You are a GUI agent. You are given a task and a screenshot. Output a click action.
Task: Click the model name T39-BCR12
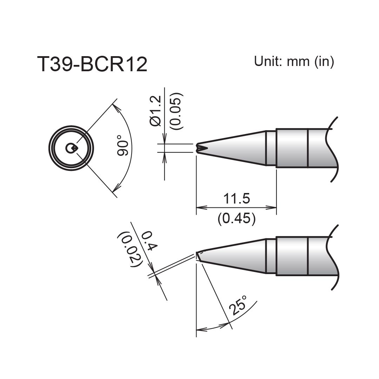(x=92, y=65)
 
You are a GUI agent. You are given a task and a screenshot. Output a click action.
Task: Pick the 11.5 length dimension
(x=236, y=199)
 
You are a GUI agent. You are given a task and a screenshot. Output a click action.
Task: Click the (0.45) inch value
(x=236, y=219)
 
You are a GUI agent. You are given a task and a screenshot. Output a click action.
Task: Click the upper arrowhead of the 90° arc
(x=116, y=105)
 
